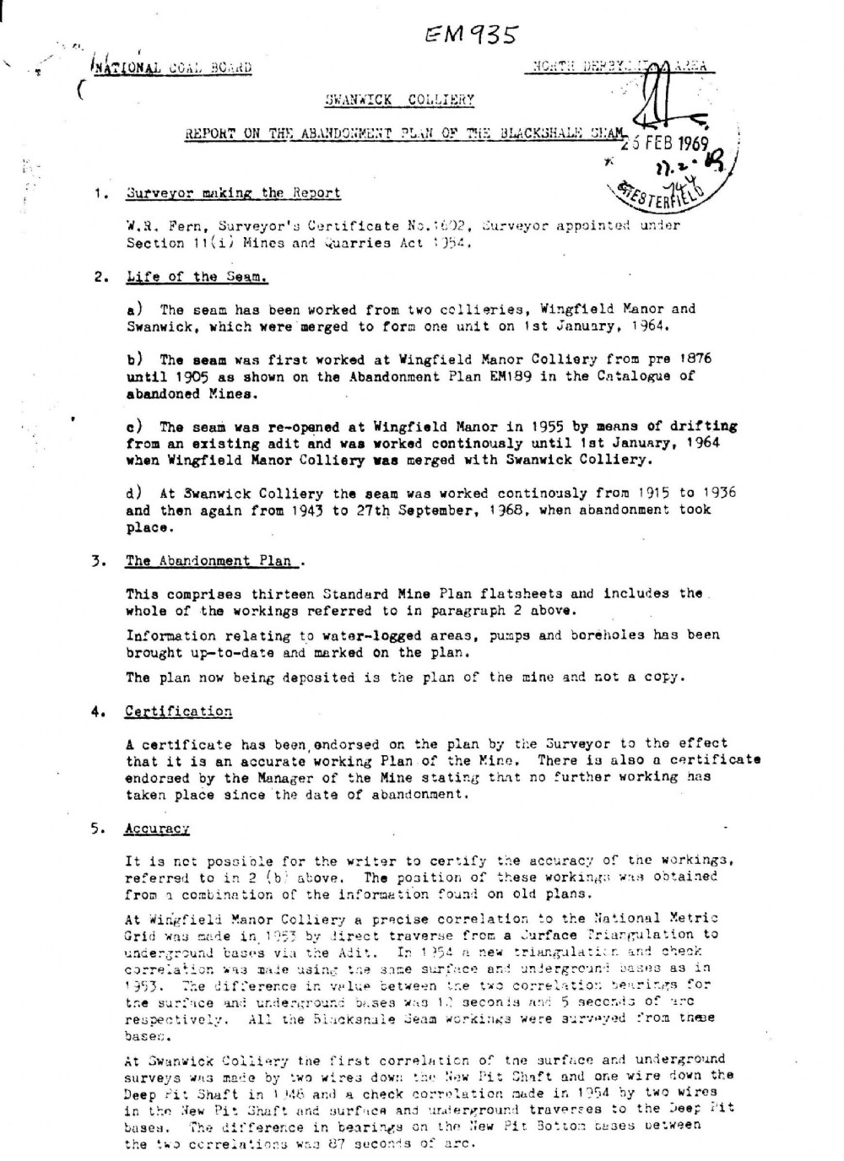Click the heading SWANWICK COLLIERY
coord(399,100)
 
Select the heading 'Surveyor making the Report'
coord(233,192)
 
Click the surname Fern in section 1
coord(184,226)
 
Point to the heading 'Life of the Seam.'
coord(197,277)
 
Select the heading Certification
coord(178,711)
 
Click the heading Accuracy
coord(157,829)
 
